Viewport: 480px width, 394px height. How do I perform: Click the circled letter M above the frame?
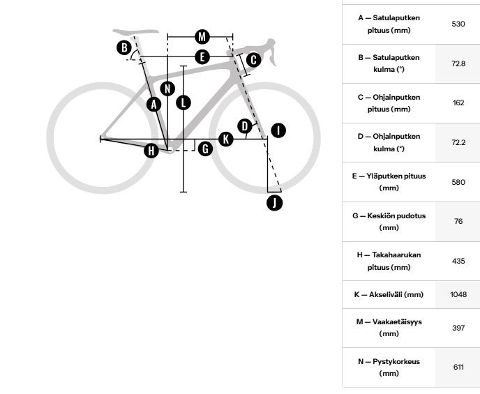pos(202,37)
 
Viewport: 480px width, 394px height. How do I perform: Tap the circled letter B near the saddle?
pos(124,47)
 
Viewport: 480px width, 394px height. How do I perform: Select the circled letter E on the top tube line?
pos(202,57)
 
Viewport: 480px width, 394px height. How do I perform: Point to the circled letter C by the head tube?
pos(253,60)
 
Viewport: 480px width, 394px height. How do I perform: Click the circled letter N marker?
pos(167,89)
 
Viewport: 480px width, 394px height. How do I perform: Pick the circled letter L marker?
pos(183,103)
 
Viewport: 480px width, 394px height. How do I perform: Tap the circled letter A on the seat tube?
pos(153,105)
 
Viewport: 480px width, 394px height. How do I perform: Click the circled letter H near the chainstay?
pos(151,151)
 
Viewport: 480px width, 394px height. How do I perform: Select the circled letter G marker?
pos(205,149)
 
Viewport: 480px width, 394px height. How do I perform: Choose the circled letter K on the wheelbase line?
pos(226,139)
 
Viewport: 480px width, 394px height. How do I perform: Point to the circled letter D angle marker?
pos(245,126)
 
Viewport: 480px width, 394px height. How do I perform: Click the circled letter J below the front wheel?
pos(274,203)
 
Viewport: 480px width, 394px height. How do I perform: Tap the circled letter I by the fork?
pos(278,130)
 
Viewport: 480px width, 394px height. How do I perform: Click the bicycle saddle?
pos(135,31)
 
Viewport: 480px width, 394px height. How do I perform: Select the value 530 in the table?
pos(458,24)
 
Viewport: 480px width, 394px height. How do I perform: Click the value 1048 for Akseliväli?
pos(458,294)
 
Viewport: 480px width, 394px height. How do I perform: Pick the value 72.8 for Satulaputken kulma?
pos(458,63)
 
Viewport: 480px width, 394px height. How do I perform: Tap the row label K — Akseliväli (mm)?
pos(389,294)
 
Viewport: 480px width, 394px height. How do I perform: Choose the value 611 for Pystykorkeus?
pos(458,367)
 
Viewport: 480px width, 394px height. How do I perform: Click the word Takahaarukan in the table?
pos(396,255)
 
